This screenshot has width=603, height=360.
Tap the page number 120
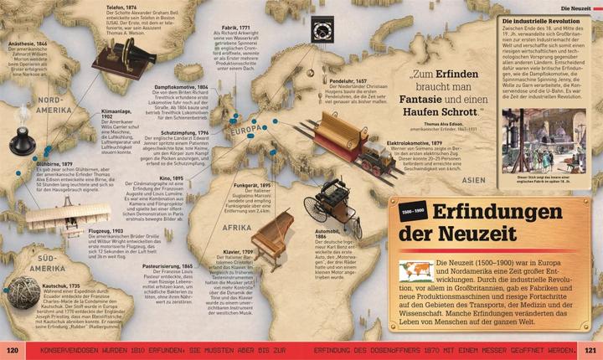coord(13,350)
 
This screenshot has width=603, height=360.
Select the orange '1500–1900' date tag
coord(412,207)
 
